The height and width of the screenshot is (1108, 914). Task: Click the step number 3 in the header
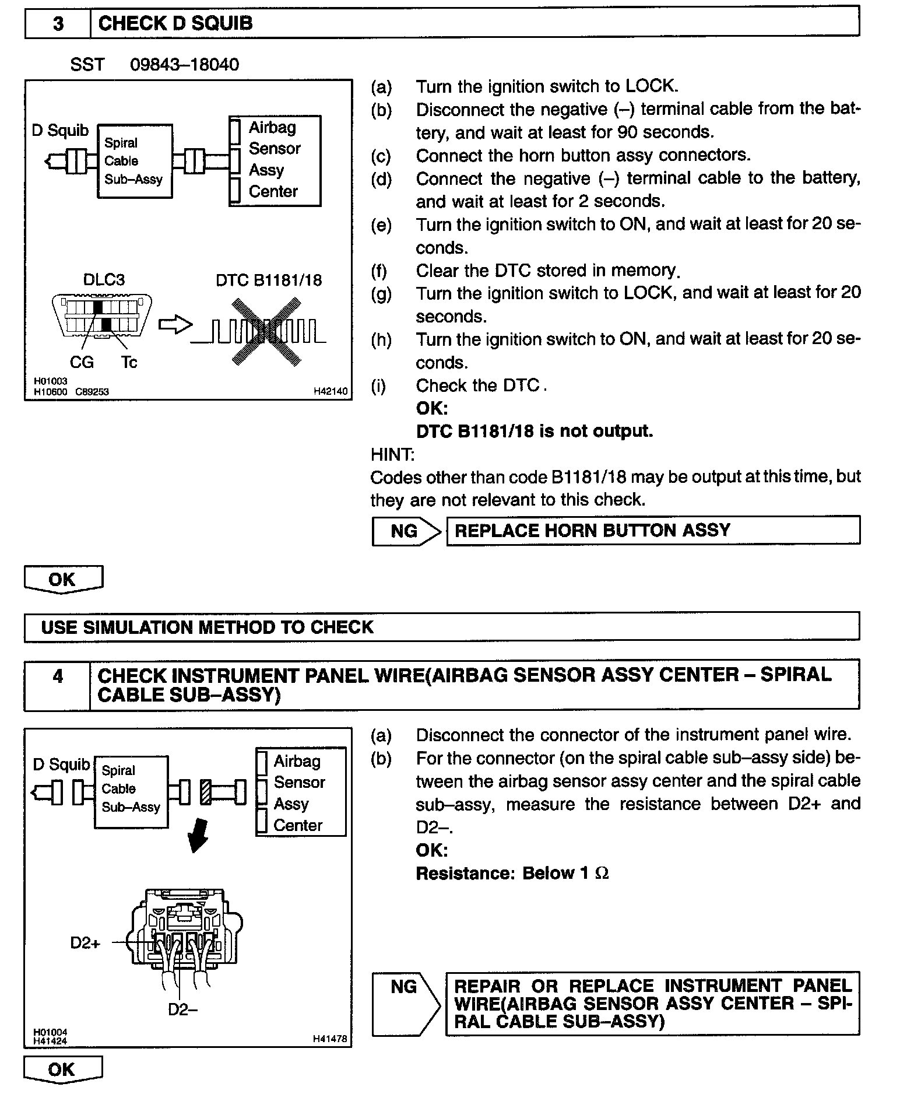click(x=58, y=23)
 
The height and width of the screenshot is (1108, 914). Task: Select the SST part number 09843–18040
click(x=184, y=64)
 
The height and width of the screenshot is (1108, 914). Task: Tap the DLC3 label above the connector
click(x=104, y=280)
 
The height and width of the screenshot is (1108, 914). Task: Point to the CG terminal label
click(x=82, y=362)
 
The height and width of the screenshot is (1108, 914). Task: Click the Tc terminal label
click(x=129, y=362)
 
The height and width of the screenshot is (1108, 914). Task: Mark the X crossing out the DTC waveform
click(x=266, y=332)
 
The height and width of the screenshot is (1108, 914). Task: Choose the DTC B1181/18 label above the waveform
click(x=269, y=280)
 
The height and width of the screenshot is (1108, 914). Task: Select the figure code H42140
click(x=330, y=392)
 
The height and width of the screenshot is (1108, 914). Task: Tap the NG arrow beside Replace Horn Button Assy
click(x=406, y=531)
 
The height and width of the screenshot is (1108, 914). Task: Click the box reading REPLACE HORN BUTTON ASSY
click(x=653, y=530)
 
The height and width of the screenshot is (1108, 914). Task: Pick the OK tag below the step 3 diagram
click(x=63, y=579)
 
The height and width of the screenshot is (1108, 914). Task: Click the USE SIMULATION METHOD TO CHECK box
click(x=441, y=627)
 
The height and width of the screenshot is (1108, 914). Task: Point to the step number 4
click(x=58, y=676)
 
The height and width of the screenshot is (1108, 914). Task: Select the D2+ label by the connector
click(x=85, y=942)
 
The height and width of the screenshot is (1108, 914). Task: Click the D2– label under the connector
click(x=182, y=1009)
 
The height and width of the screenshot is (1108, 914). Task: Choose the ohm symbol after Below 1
click(x=602, y=873)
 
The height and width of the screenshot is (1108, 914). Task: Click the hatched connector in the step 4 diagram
click(x=206, y=792)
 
